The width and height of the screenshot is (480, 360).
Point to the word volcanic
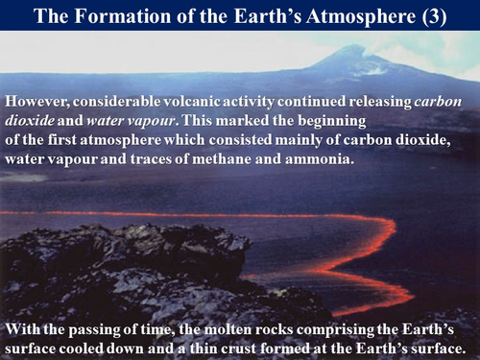click(198, 101)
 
